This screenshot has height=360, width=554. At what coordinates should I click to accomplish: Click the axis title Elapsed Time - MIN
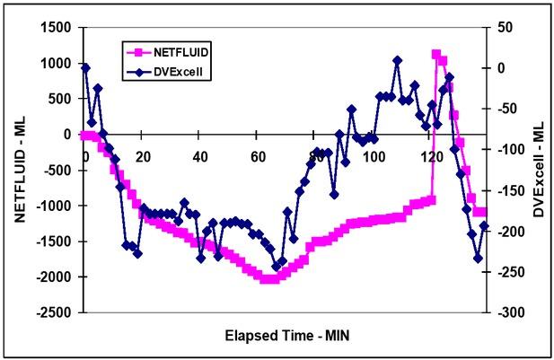280,337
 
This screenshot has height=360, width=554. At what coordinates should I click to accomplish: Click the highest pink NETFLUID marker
436,54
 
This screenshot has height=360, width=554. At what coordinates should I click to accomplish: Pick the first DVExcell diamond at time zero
85,67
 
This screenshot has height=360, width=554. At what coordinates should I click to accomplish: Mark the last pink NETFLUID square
484,212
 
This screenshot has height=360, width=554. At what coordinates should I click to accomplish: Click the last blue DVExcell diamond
485,225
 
